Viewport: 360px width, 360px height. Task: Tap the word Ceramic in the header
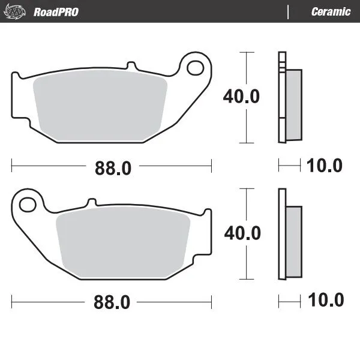coord(331,12)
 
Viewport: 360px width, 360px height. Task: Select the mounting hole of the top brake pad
coord(195,68)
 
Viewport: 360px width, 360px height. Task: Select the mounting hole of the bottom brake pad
coord(28,205)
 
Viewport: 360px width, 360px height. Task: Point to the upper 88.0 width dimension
coord(112,169)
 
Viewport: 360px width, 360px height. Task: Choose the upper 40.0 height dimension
coord(241,97)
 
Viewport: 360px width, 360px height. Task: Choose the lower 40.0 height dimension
coord(242,233)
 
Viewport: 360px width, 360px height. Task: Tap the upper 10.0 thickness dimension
coord(325,166)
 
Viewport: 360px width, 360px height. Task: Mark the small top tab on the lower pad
coord(92,202)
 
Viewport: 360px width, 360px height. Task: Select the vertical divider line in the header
coord(289,12)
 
